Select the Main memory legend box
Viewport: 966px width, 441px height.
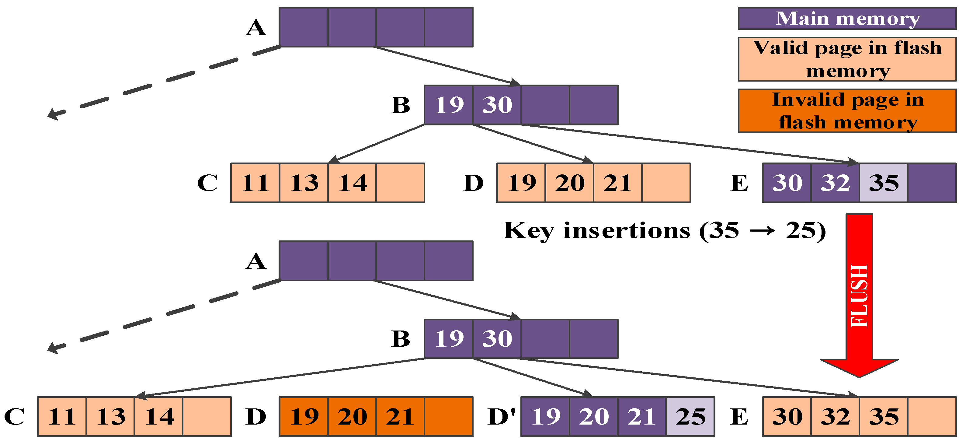point(847,18)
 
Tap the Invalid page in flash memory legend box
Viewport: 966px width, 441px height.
point(847,111)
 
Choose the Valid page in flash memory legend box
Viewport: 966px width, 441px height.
point(847,59)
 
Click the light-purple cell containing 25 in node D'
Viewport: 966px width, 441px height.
point(690,417)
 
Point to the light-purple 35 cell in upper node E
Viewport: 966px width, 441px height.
point(883,183)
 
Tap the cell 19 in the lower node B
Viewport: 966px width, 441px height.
point(449,338)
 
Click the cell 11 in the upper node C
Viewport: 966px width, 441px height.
point(255,183)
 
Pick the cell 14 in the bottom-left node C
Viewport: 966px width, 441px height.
point(159,417)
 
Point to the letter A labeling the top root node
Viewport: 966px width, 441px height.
point(256,28)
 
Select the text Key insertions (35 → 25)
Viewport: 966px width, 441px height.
point(665,230)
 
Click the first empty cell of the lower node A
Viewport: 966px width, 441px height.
point(303,261)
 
